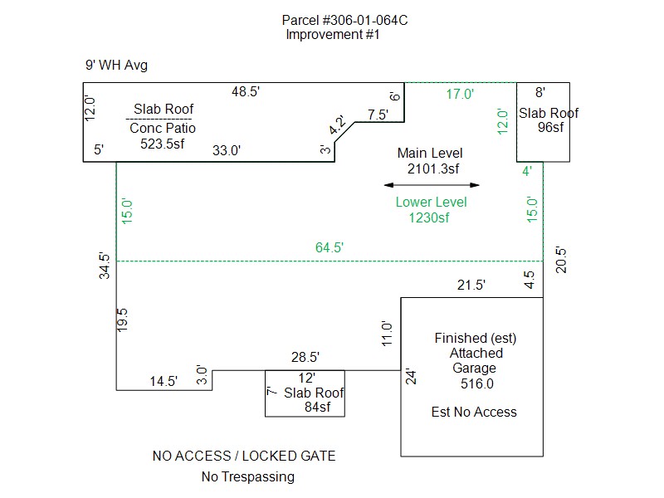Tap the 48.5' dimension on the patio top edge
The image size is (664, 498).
245,93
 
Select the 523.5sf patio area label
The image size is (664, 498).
163,143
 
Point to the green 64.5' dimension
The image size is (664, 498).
330,247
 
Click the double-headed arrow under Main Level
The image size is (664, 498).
432,185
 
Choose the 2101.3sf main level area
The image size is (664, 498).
432,169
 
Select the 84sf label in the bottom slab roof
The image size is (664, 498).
315,407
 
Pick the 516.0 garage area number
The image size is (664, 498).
477,383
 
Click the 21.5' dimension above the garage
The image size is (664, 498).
471,286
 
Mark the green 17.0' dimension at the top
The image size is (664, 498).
460,95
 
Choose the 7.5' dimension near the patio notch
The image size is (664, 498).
378,115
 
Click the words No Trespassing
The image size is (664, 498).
247,476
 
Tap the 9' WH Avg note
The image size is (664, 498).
116,66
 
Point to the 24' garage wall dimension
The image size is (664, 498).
410,376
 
